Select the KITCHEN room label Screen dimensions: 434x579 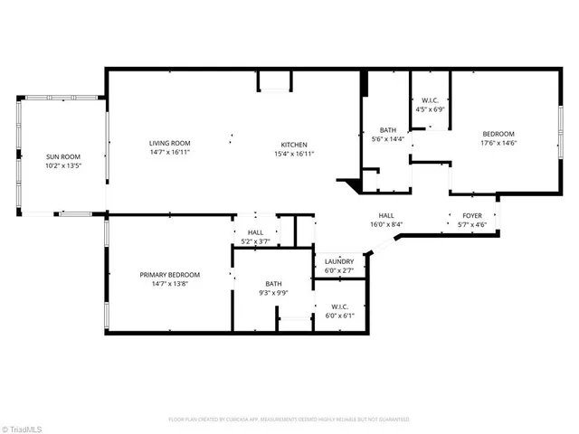tap(294, 145)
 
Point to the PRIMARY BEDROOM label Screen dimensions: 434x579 tap(170, 275)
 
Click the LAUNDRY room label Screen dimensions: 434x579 tap(339, 261)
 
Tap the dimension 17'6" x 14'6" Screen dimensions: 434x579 tap(498, 142)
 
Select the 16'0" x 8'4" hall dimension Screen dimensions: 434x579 tap(384, 224)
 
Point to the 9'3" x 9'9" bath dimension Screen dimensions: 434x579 tap(274, 293)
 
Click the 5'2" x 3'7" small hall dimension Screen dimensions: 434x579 tap(257, 241)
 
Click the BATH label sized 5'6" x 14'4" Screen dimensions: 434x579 tap(388, 130)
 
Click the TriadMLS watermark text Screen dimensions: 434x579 tap(23, 426)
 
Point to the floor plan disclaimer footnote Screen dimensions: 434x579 tap(289, 419)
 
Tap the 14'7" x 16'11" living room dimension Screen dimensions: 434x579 tap(170, 152)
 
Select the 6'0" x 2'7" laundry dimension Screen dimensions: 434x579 tap(339, 269)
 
